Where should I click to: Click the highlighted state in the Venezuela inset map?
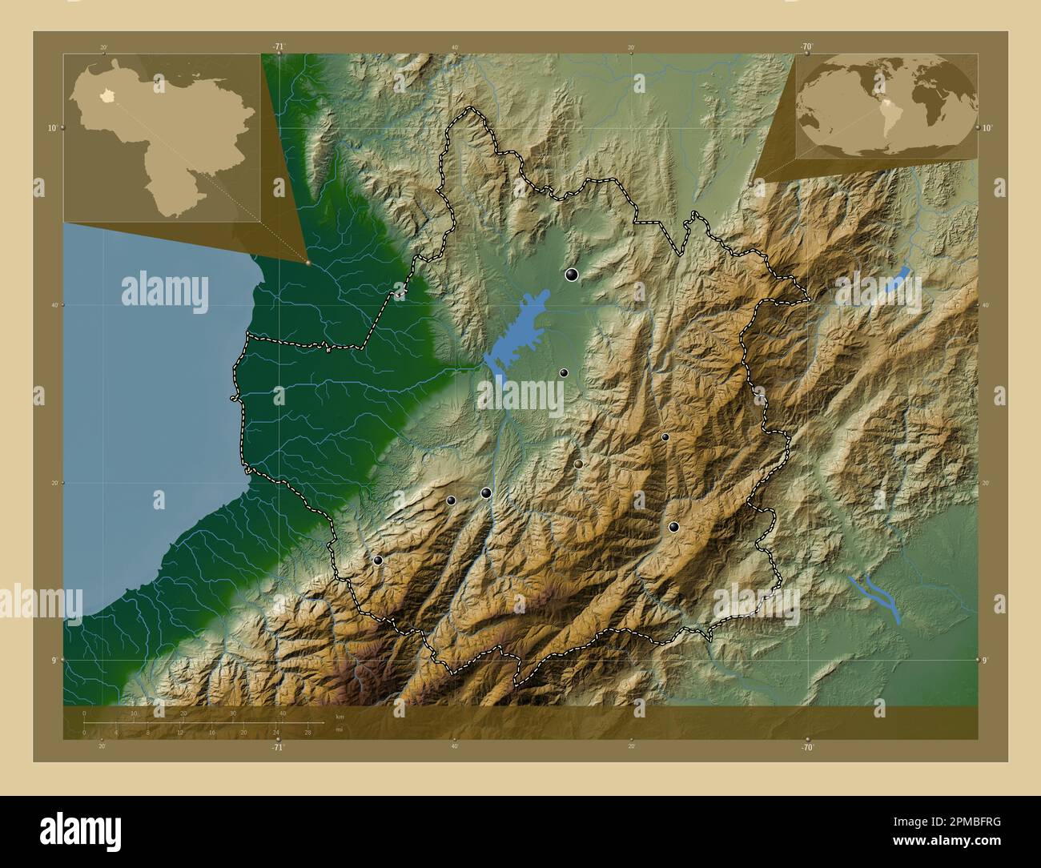tap(104, 100)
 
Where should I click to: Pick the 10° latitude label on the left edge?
tap(50, 127)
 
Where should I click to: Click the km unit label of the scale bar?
tap(340, 716)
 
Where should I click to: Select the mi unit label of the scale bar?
tap(340, 730)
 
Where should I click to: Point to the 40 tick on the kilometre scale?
tap(283, 713)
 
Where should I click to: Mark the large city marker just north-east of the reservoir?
tap(572, 275)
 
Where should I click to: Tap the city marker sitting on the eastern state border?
tap(759, 392)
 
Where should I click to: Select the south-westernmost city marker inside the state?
tap(378, 561)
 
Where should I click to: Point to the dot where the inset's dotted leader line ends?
tap(307, 261)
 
